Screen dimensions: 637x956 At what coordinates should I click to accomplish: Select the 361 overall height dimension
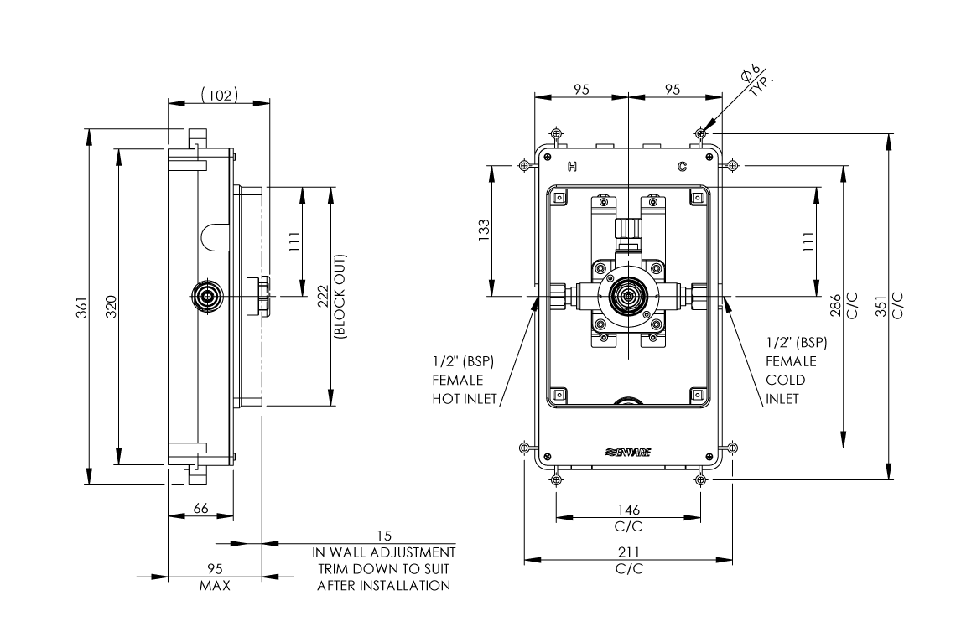(77, 307)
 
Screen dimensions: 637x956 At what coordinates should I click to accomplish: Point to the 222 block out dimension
(322, 297)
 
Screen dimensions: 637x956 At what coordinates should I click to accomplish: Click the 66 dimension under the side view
(200, 509)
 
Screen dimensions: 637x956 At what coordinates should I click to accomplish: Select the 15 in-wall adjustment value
(384, 536)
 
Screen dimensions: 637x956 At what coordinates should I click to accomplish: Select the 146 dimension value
(628, 509)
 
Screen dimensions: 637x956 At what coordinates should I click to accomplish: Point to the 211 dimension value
(628, 552)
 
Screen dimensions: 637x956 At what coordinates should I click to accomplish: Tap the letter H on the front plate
(573, 167)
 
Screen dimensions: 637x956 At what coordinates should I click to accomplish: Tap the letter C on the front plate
(683, 167)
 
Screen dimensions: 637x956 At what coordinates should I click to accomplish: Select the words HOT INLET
(465, 398)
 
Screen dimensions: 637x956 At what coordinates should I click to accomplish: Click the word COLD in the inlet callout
(785, 379)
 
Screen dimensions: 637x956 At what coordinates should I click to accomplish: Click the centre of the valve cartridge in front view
(628, 295)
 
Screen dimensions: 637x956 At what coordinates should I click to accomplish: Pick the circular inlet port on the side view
(205, 295)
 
